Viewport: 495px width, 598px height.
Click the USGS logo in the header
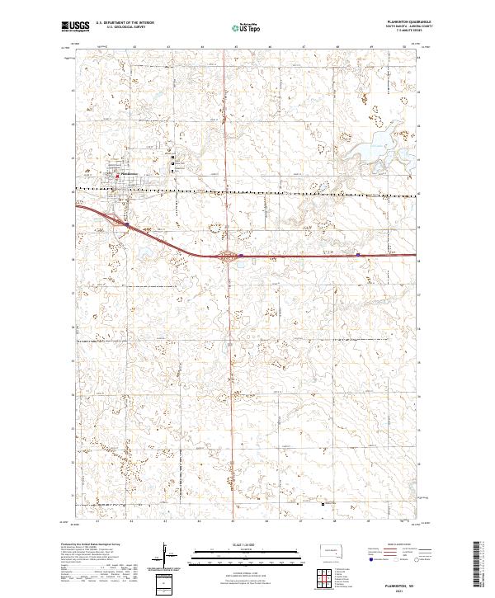[x=75, y=26]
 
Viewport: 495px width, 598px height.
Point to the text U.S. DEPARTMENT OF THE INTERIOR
[x=125, y=23]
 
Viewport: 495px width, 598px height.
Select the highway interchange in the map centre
[x=228, y=255]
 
